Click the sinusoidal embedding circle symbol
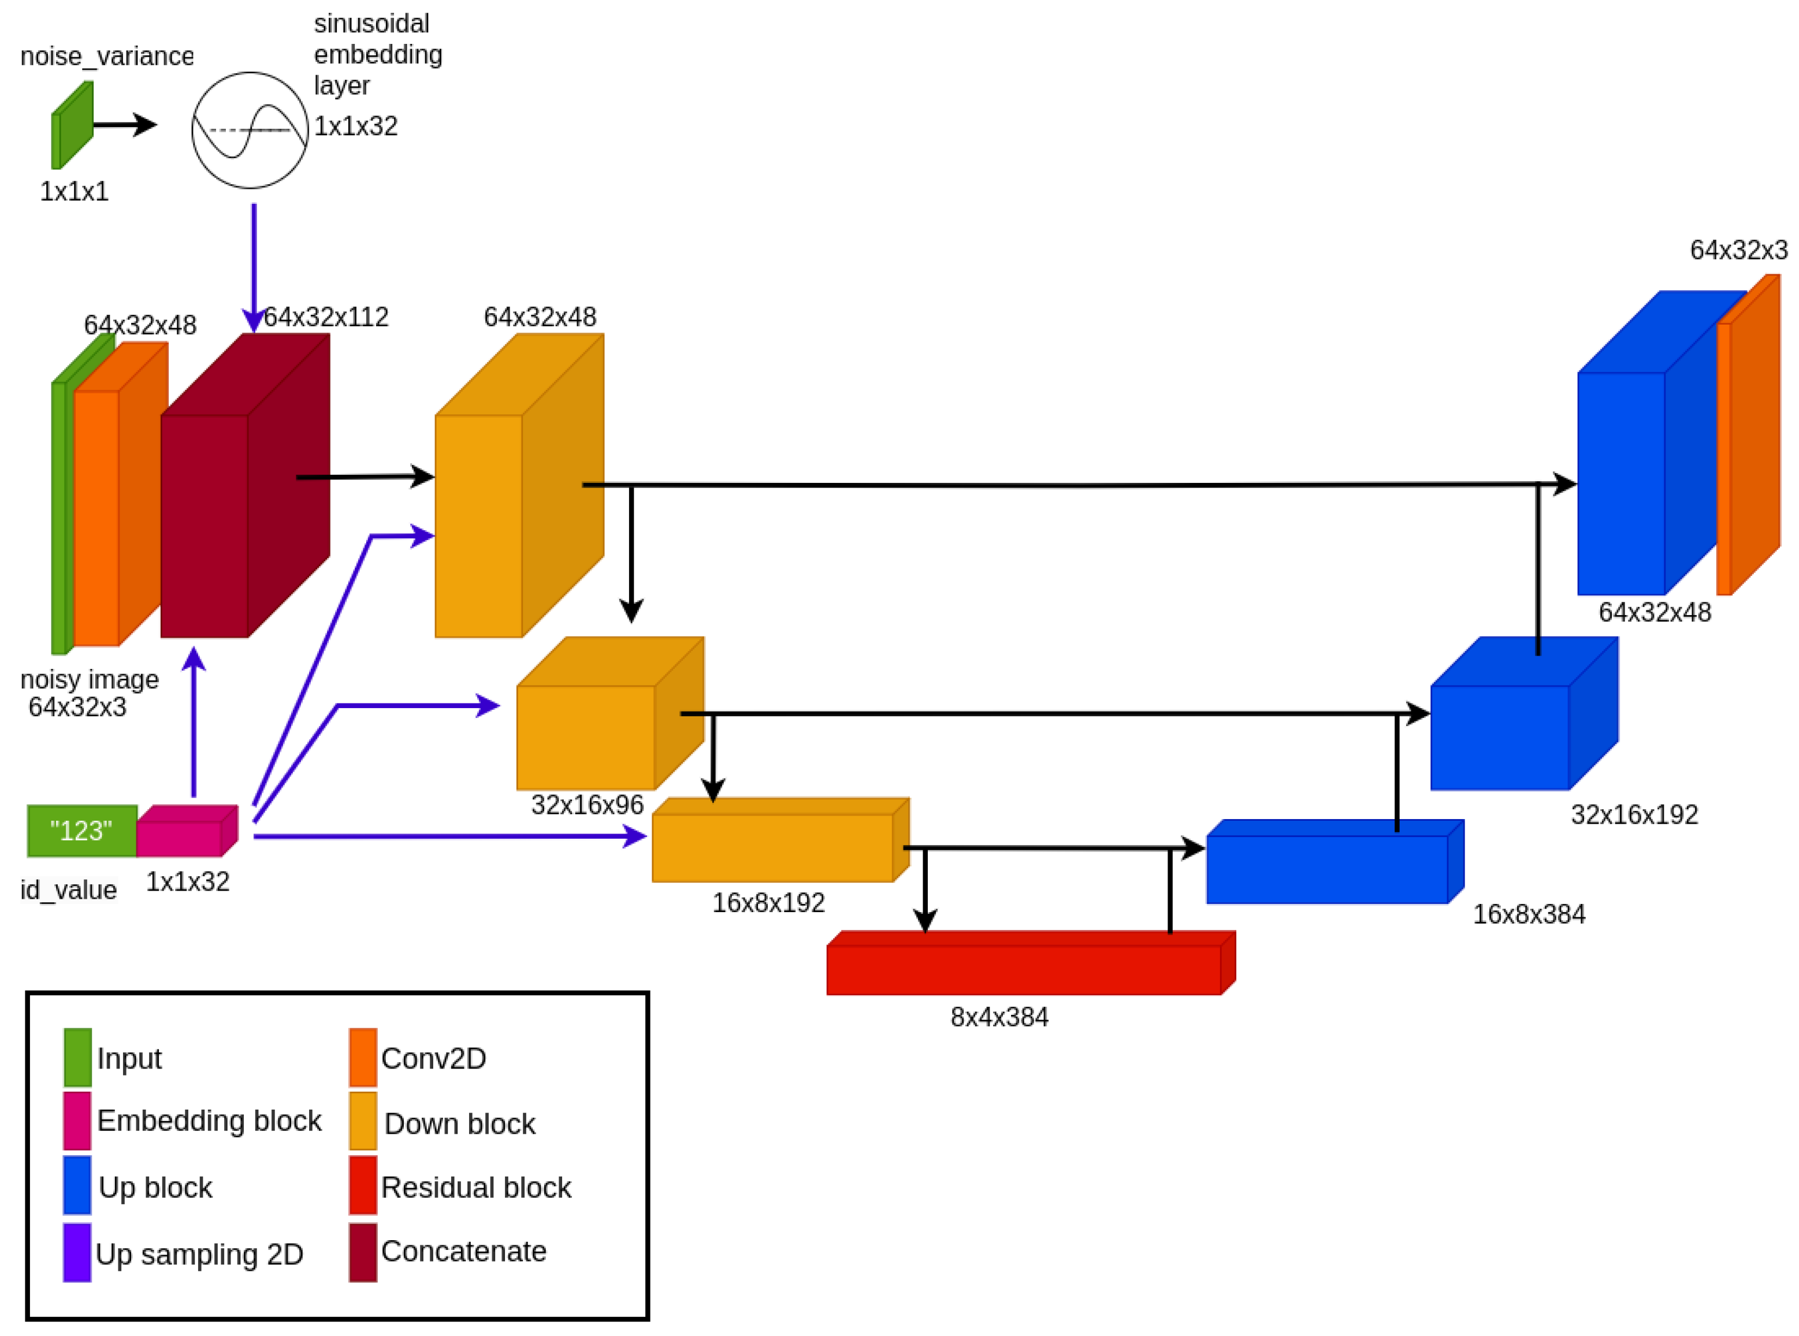250,130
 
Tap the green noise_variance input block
72,126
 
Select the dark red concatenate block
235,501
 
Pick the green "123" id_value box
81,831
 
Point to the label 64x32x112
326,317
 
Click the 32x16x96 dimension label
588,805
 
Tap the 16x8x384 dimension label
1529,914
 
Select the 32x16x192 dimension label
1634,814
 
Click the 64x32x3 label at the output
1738,250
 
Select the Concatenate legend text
463,1251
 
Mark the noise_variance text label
107,56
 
